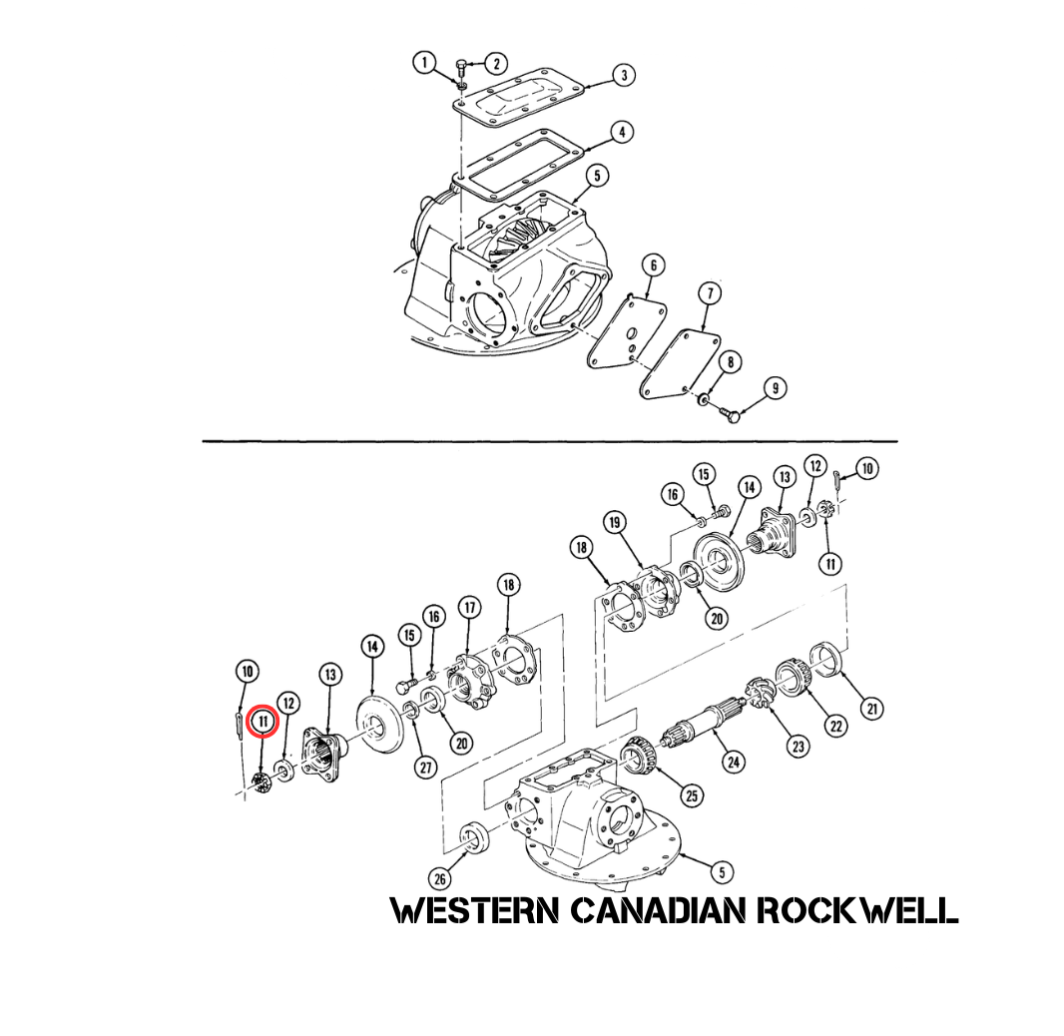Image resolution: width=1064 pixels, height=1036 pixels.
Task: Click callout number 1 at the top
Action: [x=425, y=63]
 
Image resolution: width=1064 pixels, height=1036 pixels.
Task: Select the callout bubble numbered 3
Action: [x=624, y=75]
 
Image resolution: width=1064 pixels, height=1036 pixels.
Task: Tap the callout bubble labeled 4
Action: [x=622, y=133]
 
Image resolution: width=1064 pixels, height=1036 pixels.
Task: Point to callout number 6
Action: [x=654, y=265]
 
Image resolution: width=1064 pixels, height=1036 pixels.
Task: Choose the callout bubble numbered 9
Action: [x=775, y=388]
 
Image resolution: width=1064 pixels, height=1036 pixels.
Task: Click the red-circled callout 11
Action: [x=264, y=722]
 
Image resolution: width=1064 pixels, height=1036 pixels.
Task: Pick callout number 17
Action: [x=469, y=607]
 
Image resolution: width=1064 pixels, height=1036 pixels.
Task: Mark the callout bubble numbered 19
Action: [x=616, y=522]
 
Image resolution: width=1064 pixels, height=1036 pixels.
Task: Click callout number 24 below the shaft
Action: [x=734, y=762]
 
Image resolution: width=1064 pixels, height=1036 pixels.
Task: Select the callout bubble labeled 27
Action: [x=425, y=768]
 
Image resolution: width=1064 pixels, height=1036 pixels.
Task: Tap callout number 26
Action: [x=440, y=879]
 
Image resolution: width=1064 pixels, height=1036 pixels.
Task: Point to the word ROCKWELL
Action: [x=857, y=910]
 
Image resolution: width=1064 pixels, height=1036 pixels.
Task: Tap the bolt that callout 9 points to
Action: [x=729, y=413]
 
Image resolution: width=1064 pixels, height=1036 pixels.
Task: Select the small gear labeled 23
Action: [x=760, y=693]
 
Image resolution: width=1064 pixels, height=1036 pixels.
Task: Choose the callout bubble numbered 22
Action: [x=836, y=726]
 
